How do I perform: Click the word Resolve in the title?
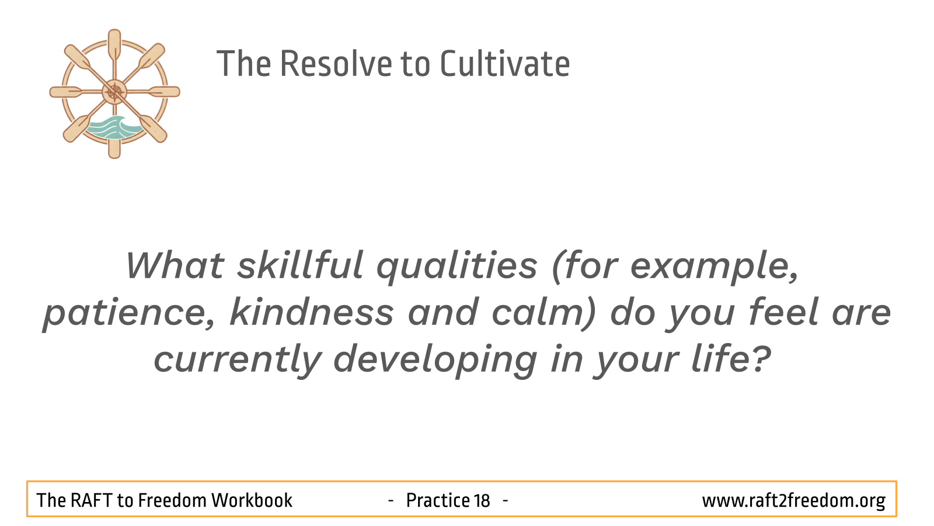[336, 64]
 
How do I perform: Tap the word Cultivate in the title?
[505, 64]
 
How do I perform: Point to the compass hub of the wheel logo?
[114, 92]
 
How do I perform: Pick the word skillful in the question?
[300, 265]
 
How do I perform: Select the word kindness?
[312, 312]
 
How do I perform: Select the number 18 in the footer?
[482, 500]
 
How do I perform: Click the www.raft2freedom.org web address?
[793, 501]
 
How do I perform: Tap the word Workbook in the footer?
[252, 500]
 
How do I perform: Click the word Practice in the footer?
[438, 500]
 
